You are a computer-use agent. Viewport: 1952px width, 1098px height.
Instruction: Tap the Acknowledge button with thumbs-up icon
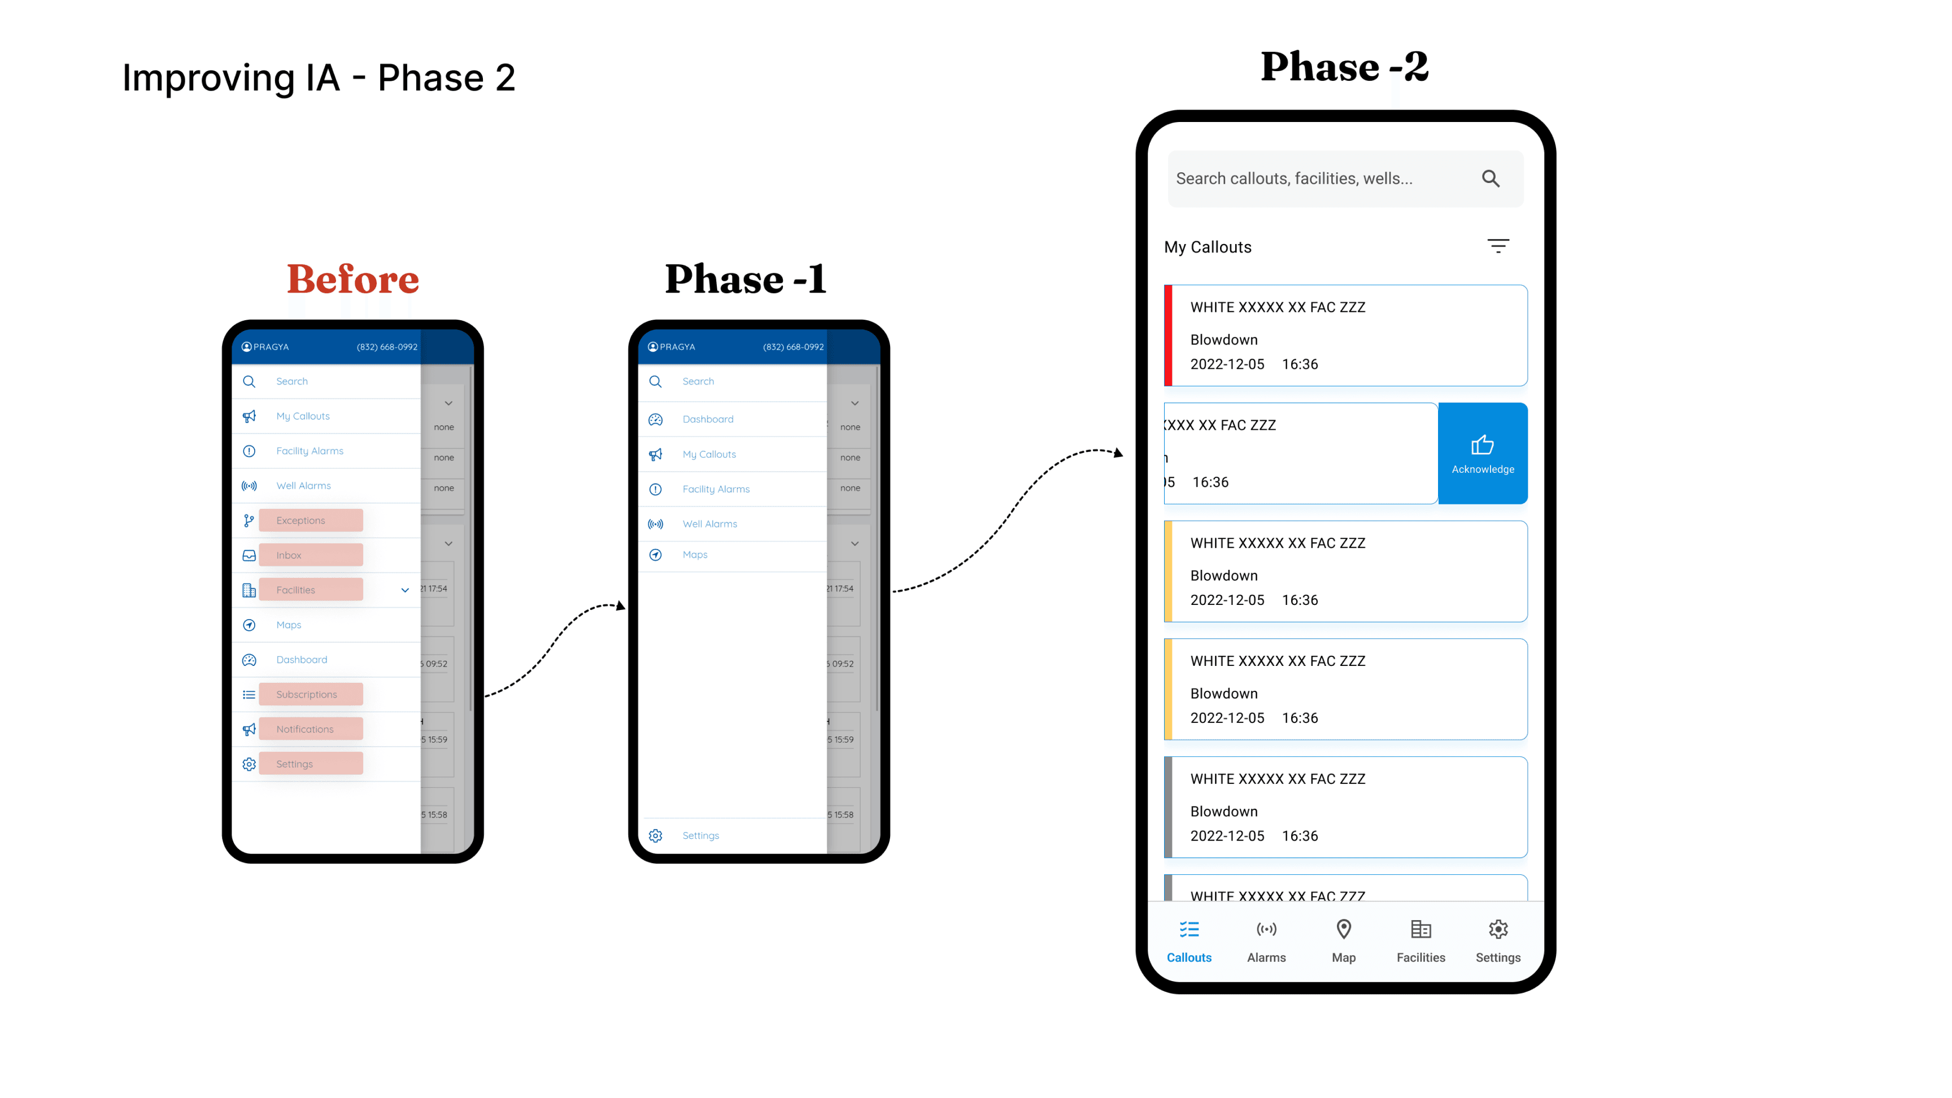[x=1482, y=453]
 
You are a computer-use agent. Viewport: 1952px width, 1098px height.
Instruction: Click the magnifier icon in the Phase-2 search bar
[x=1491, y=179]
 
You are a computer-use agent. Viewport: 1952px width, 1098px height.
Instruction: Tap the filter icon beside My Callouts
[x=1497, y=246]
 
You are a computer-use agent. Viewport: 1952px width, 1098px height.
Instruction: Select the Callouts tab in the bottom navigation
[x=1189, y=940]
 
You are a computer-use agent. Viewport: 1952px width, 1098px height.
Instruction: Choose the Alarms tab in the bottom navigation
[x=1266, y=940]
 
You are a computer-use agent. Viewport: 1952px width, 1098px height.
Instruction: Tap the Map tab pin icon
[x=1344, y=930]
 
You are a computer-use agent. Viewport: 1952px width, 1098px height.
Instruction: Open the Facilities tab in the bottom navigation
[x=1421, y=940]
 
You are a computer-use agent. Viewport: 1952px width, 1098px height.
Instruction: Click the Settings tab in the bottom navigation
[x=1498, y=940]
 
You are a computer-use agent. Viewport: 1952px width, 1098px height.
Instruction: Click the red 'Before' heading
[x=352, y=280]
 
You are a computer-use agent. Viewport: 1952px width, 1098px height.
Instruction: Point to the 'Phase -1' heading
[x=746, y=280]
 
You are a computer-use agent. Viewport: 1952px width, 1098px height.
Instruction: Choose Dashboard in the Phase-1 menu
[x=708, y=419]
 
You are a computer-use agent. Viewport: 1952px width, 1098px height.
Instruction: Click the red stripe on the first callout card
[x=1169, y=335]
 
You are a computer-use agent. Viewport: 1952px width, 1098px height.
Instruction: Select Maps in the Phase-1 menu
[x=695, y=555]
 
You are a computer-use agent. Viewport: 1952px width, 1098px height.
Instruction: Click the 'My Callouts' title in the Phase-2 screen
[x=1208, y=247]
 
